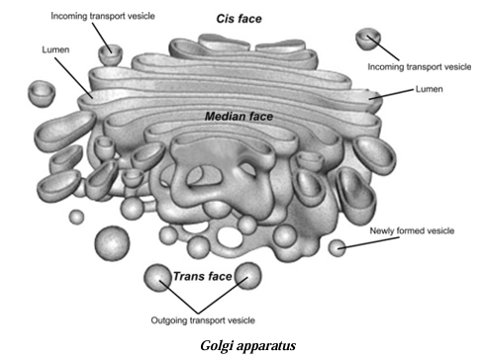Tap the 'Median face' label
click(239, 116)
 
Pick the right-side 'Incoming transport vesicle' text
click(420, 67)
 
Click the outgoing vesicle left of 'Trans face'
click(157, 276)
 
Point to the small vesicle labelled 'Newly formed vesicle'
click(339, 245)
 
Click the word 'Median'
click(225, 116)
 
